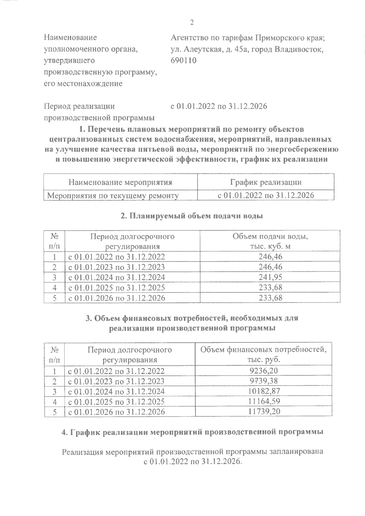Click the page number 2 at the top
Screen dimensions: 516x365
(191, 22)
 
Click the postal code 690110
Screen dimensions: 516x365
(184, 60)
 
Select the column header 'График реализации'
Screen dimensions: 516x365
(266, 182)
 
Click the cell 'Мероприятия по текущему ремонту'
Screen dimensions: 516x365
(113, 195)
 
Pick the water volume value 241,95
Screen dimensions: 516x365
(270, 277)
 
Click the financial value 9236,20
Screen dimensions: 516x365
(264, 371)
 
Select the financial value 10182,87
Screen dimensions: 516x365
(264, 391)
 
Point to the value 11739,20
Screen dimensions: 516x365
(264, 411)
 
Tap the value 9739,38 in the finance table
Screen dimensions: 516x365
(264, 381)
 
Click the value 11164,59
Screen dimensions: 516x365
(264, 401)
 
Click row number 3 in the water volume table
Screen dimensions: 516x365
(54, 277)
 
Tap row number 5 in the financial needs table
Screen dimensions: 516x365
(55, 411)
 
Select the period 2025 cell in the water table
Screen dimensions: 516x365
(116, 287)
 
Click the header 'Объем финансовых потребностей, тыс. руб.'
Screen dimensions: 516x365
(264, 354)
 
